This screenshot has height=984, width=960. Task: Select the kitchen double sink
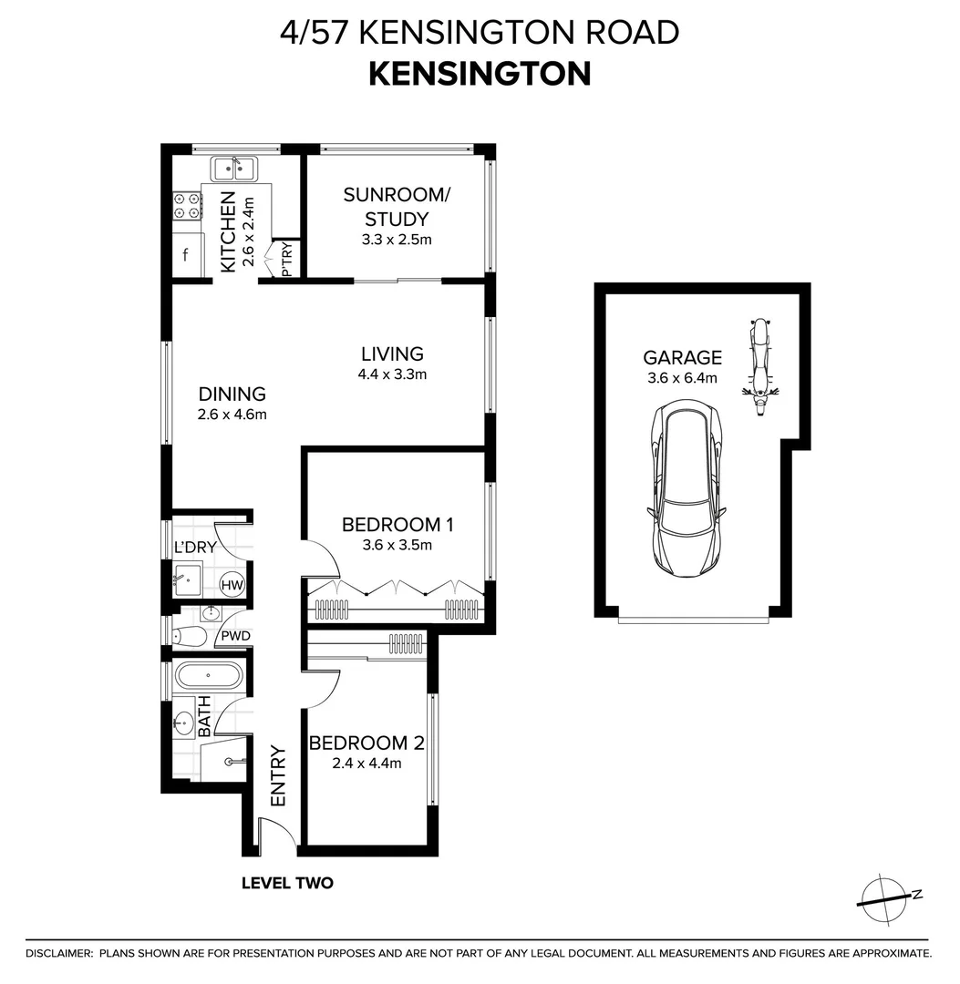click(235, 169)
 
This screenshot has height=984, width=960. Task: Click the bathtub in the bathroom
click(209, 676)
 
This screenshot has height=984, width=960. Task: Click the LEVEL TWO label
click(287, 883)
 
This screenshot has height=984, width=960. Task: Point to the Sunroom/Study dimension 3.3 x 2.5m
click(396, 241)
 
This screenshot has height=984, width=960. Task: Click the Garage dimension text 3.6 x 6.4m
click(682, 378)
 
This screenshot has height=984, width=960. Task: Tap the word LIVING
click(392, 354)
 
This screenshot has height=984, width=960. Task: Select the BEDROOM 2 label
click(366, 743)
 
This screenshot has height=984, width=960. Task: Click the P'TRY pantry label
click(288, 264)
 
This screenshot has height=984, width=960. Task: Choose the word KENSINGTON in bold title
click(480, 74)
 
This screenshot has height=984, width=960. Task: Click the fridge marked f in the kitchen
click(187, 256)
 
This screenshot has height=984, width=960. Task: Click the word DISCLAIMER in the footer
click(59, 953)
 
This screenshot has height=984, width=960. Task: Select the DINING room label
click(232, 395)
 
